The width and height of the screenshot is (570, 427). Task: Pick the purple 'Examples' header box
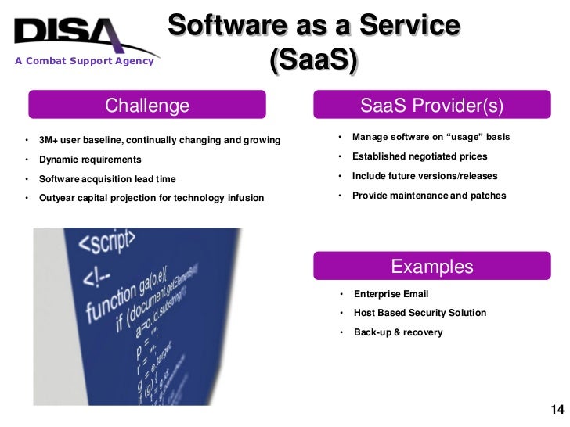(x=431, y=267)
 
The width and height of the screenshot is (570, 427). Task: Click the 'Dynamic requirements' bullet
(x=90, y=160)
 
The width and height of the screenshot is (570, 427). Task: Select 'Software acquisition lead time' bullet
(x=107, y=179)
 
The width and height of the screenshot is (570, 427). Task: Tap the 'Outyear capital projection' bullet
(x=151, y=198)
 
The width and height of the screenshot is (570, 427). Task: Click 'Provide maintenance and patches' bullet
(x=428, y=196)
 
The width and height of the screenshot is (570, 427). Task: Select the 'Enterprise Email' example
(x=391, y=294)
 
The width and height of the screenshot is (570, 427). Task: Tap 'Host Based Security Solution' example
(x=420, y=313)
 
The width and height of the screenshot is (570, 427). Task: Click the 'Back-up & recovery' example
(x=398, y=332)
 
